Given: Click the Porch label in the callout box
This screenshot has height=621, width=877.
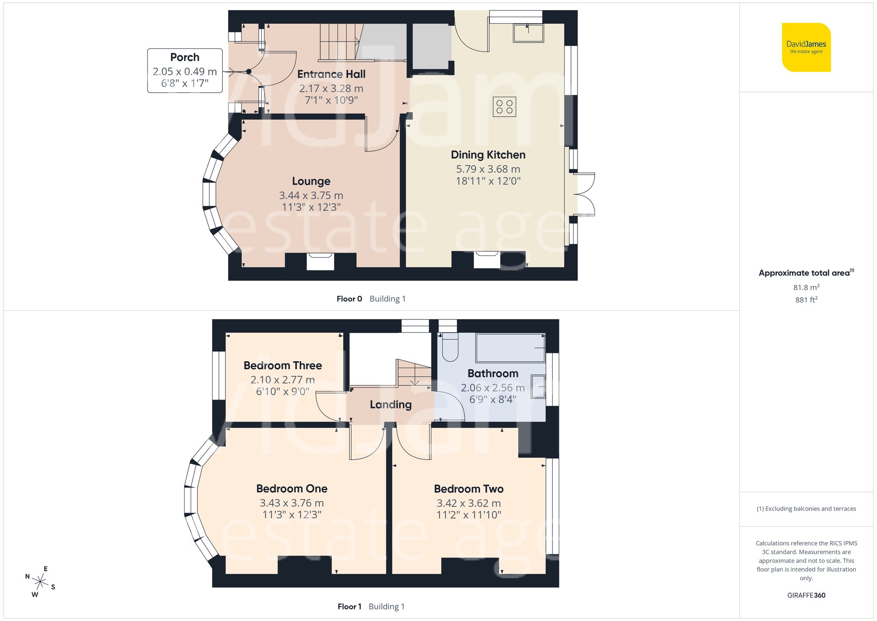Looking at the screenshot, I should tap(185, 57).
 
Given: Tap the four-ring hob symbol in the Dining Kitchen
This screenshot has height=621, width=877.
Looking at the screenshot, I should tap(504, 107).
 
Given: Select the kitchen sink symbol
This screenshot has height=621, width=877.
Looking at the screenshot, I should tap(528, 33).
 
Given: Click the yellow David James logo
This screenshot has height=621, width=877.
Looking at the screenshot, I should tap(806, 47).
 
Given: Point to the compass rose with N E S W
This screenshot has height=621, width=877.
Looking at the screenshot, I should tap(40, 582).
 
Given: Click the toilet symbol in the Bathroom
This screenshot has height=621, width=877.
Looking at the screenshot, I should tap(450, 347).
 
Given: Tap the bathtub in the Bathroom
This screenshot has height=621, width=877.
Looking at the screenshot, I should tap(510, 348).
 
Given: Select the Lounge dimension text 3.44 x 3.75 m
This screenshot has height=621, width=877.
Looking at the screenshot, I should tap(311, 195).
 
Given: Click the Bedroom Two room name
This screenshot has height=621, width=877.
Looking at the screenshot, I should tap(468, 489).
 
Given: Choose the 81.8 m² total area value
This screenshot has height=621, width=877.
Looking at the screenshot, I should tap(806, 287).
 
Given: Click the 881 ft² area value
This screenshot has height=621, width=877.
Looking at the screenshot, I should tap(806, 300).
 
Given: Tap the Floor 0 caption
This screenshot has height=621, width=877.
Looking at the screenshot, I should tap(349, 299).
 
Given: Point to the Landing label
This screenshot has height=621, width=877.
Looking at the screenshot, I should tap(390, 405).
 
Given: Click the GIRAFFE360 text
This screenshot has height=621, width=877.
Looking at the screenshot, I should tap(806, 596).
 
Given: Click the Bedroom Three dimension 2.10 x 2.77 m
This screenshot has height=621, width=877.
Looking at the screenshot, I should tap(282, 380).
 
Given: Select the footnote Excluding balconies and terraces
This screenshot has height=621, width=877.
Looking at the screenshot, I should tap(806, 509).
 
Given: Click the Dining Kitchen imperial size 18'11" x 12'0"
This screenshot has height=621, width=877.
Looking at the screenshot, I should tap(488, 181).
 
